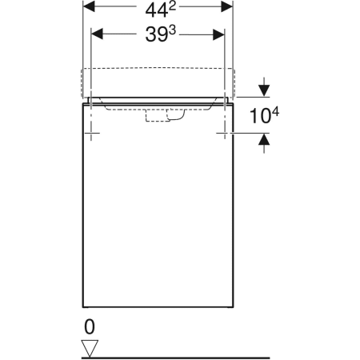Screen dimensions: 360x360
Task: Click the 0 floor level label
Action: [x=90, y=327]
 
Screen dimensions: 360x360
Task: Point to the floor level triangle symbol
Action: [x=90, y=346]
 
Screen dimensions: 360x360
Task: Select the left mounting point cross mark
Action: [x=94, y=132]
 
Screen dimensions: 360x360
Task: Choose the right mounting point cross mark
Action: [x=223, y=132]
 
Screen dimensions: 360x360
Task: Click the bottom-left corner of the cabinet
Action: [x=83, y=308]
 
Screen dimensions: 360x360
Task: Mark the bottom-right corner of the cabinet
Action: [x=234, y=308]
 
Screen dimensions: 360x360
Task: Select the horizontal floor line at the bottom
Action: [x=176, y=356]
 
